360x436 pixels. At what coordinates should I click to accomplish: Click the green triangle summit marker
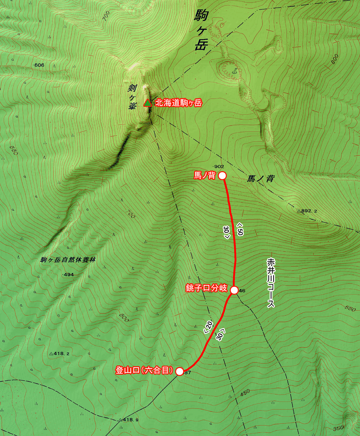[x=147, y=103]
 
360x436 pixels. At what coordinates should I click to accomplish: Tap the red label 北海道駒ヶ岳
[x=179, y=103]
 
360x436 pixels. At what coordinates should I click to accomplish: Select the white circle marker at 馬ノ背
[x=222, y=176]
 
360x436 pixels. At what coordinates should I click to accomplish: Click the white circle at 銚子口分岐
[x=234, y=290]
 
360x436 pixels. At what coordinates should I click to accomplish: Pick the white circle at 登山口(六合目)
[x=180, y=371]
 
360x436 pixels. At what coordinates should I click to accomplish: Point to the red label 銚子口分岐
[x=206, y=288]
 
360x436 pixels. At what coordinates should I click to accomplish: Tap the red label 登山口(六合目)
[x=144, y=370]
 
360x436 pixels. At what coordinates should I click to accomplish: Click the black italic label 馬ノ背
[x=261, y=179]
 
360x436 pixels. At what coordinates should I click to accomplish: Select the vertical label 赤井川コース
[x=271, y=283]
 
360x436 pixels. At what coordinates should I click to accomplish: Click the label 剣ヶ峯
[x=132, y=97]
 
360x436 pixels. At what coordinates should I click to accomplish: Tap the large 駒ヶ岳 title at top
[x=201, y=30]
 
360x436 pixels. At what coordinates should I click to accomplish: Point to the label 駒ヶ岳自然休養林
[x=68, y=260]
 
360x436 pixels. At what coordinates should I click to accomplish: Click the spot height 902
[x=219, y=167]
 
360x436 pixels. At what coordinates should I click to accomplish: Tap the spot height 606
[x=39, y=65]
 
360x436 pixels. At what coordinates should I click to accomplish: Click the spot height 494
[x=68, y=275]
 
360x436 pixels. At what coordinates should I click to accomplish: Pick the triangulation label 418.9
[x=129, y=420]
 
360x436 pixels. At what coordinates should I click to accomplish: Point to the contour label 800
[x=335, y=59]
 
